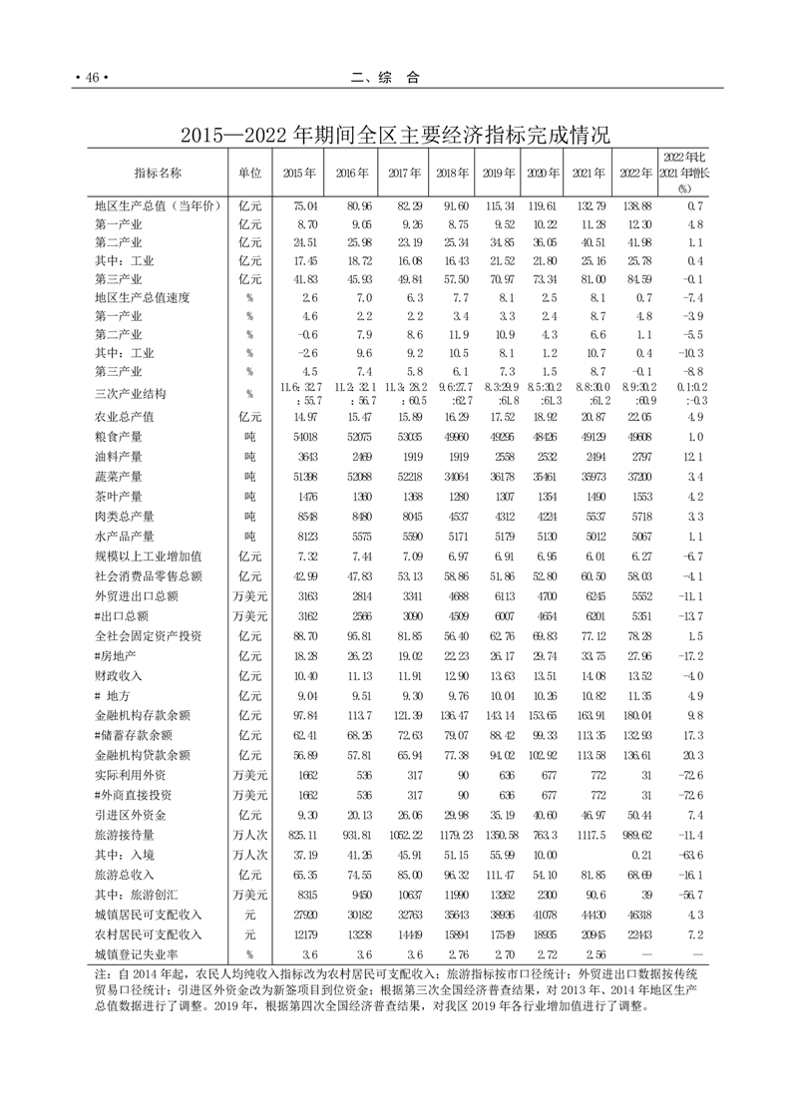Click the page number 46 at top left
tap(90, 78)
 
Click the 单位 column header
tap(249, 172)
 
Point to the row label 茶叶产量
tap(118, 496)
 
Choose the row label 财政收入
tap(118, 674)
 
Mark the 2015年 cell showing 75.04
tap(303, 204)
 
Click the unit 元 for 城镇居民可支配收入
tap(249, 915)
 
